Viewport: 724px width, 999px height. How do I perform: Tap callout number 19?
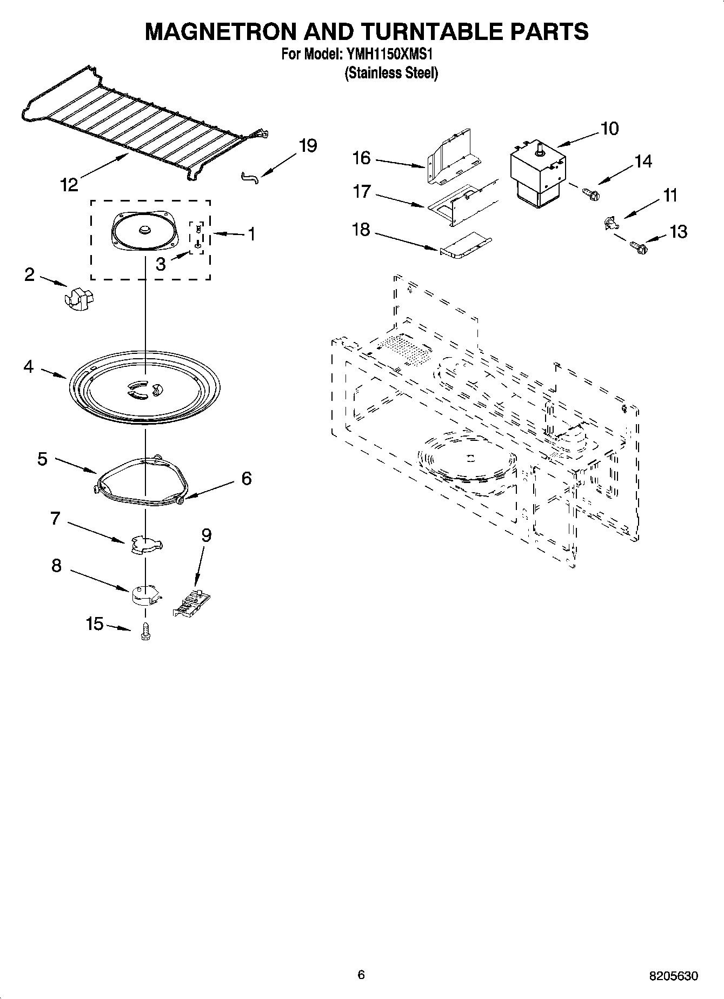click(308, 146)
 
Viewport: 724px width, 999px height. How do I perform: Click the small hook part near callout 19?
click(250, 177)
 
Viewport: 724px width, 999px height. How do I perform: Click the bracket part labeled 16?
click(453, 157)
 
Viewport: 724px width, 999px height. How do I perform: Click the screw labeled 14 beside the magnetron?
click(590, 192)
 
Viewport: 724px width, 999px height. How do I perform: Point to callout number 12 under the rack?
click(69, 185)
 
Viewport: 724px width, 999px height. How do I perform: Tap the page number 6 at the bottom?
click(361, 974)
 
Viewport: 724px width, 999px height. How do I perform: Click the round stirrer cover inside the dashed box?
click(144, 231)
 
